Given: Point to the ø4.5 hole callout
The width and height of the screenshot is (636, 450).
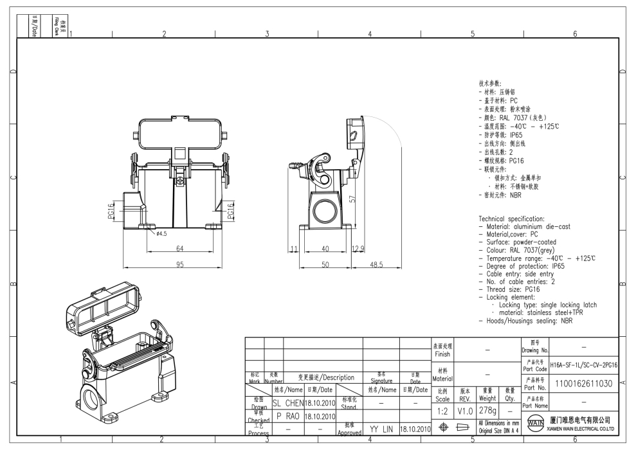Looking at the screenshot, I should (161, 234).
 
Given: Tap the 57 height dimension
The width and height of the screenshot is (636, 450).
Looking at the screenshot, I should (352, 199).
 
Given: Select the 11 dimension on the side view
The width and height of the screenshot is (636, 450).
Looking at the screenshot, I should (294, 249).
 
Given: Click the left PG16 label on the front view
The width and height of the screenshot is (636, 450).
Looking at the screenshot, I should (110, 210).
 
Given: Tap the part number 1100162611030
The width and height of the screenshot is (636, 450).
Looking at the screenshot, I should (581, 383).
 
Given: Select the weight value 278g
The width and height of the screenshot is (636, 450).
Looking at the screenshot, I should (487, 409).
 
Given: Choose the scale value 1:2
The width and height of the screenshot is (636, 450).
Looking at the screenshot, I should (443, 409).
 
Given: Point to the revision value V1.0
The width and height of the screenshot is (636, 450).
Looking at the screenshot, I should (464, 409).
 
